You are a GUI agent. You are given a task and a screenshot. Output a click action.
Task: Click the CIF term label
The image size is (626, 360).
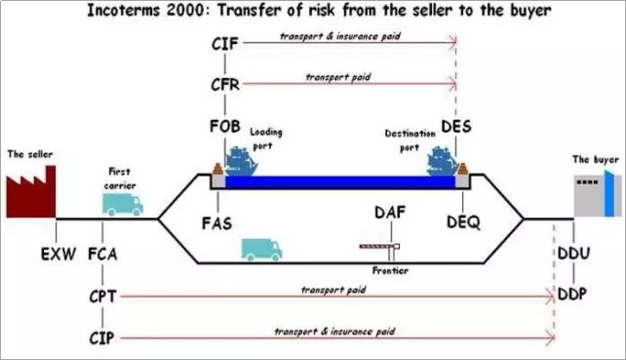point(225,43)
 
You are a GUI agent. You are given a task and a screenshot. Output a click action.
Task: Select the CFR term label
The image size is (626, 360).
point(225,84)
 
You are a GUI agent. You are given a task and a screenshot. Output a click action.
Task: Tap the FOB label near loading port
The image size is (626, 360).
point(225,128)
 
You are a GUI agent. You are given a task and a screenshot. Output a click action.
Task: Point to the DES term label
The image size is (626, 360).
point(456,128)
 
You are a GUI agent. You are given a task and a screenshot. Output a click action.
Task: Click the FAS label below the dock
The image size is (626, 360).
point(216,222)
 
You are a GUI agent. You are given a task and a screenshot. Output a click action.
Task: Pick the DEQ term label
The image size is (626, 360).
point(463,222)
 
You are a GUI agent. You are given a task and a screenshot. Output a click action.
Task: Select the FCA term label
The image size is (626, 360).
point(103,255)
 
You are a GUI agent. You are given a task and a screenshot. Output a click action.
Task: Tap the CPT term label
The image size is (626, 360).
point(103,296)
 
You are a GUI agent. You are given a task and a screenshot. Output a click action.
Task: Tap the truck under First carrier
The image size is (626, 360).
point(122,202)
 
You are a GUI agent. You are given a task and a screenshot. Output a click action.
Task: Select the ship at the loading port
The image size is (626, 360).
point(240,160)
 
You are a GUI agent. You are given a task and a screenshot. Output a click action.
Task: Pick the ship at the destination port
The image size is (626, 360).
point(445,162)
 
